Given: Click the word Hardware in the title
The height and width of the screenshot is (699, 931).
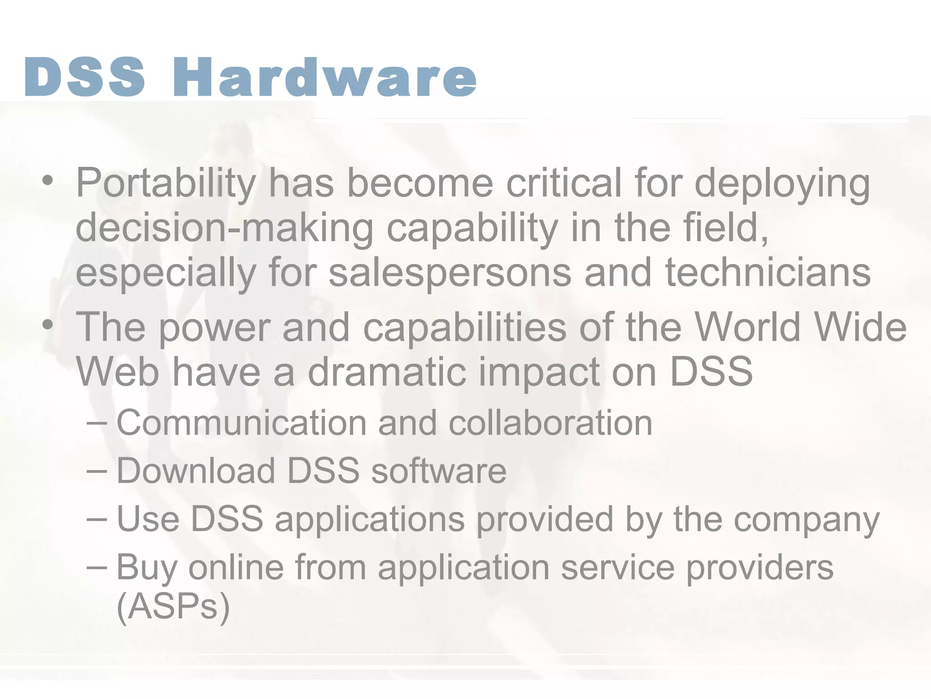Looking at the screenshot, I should coord(325,77).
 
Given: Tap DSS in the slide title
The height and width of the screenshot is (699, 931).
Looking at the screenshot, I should coord(85,77).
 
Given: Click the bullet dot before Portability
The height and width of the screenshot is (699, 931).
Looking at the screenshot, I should coord(47,181).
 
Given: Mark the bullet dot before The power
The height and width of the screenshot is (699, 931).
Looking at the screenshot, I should coord(47,325).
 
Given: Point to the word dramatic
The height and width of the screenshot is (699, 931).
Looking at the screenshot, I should coord(387,372).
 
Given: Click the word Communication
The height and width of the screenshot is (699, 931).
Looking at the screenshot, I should coord(241,423).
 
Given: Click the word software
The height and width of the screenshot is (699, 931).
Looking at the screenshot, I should coord(439,471).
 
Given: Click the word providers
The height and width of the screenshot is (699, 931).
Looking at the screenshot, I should coord(759,568).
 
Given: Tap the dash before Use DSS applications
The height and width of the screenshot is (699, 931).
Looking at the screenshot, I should coord(96,519).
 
